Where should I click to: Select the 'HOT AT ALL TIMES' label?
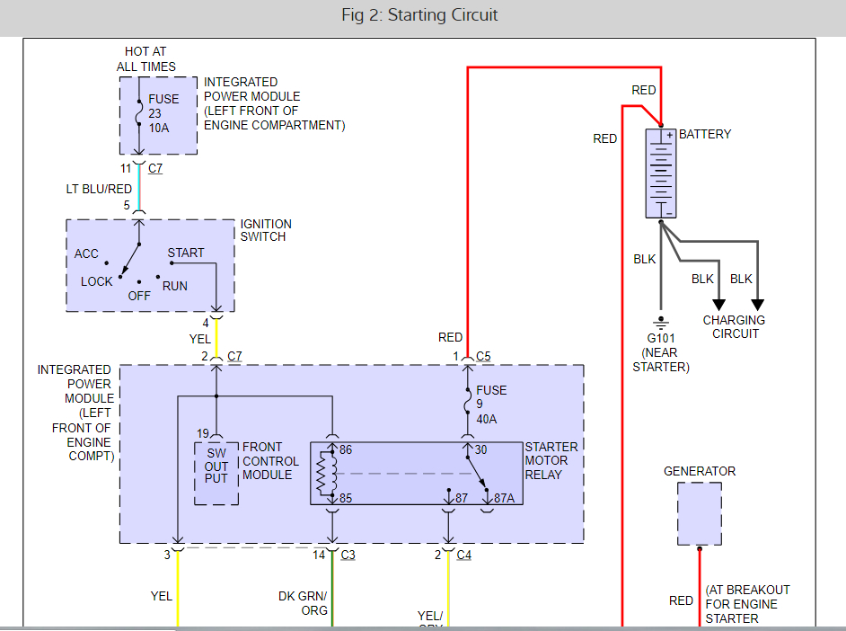pyautogui.click(x=145, y=59)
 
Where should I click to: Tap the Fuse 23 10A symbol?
pyautogui.click(x=139, y=113)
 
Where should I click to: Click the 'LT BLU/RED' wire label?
pyautogui.click(x=99, y=189)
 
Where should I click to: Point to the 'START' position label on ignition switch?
pyautogui.click(x=186, y=253)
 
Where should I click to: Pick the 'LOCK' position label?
pyautogui.click(x=97, y=281)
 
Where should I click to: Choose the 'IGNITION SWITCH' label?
pyautogui.click(x=265, y=230)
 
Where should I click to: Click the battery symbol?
pyautogui.click(x=660, y=173)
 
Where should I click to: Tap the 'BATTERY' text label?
pyautogui.click(x=705, y=134)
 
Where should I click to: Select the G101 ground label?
pyautogui.click(x=661, y=338)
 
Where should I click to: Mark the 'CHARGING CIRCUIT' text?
pyautogui.click(x=734, y=327)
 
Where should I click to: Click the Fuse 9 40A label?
pyautogui.click(x=492, y=404)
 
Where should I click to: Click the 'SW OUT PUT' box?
pyautogui.click(x=216, y=472)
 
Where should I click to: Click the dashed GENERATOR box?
pyautogui.click(x=700, y=513)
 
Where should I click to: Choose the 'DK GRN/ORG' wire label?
pyautogui.click(x=303, y=602)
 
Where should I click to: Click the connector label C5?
pyautogui.click(x=483, y=356)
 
